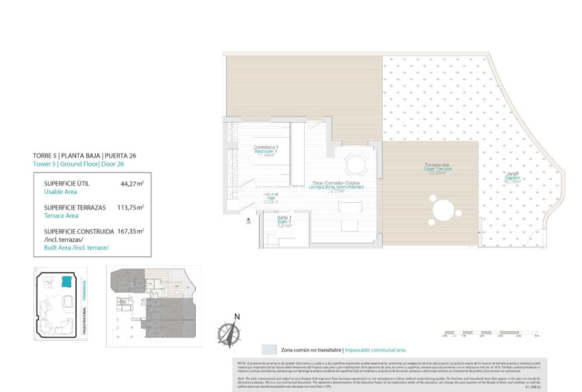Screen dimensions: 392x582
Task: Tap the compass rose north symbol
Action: [228, 334]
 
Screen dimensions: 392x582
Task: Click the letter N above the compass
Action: [237, 317]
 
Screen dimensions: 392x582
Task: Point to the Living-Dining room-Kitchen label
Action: [338, 185]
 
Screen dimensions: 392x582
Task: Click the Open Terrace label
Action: [436, 169]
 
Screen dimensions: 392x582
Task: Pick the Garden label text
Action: [512, 176]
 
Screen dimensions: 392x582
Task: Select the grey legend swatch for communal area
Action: [269, 350]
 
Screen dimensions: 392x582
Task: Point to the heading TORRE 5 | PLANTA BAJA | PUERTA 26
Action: [84, 156]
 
